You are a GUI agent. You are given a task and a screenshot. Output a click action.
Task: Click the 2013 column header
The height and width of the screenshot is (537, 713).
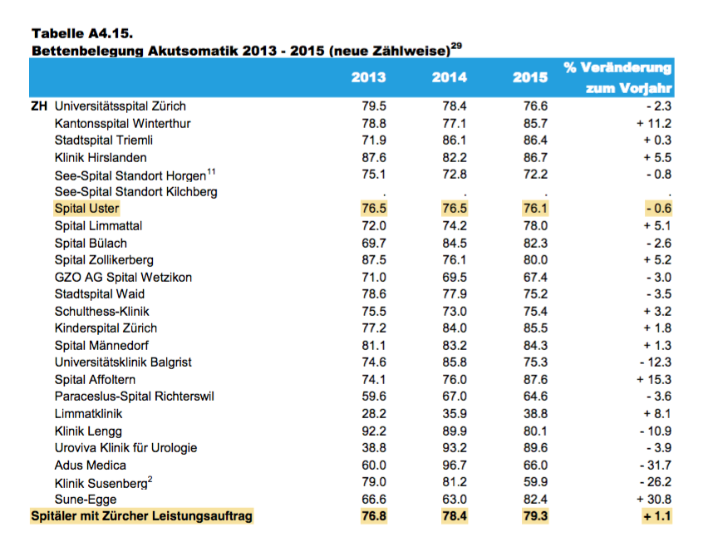(368, 77)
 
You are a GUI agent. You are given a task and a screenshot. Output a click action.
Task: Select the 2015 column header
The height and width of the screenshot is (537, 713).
(530, 77)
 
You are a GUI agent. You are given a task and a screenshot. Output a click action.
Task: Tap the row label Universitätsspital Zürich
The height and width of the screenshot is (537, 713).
(120, 106)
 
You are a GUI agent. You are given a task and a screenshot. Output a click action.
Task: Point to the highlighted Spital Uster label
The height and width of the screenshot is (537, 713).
(86, 209)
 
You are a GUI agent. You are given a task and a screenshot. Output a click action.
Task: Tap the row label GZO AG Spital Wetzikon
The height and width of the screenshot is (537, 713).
(123, 277)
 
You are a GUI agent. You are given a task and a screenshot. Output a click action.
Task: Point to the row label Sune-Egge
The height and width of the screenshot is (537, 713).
(86, 499)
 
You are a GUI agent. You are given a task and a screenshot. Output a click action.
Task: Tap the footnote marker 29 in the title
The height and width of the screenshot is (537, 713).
(456, 46)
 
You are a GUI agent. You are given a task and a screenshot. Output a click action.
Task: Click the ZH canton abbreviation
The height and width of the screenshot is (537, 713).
(39, 106)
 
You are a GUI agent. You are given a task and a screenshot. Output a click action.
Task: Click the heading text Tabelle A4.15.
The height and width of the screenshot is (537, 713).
(82, 34)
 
